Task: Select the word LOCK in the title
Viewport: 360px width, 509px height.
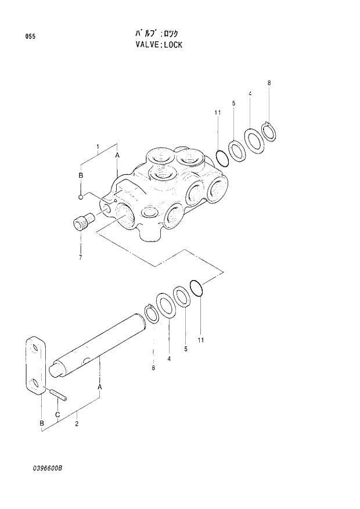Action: pyautogui.click(x=172, y=44)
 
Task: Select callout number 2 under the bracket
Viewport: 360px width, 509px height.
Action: pyautogui.click(x=77, y=424)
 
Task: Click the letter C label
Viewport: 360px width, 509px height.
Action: pyautogui.click(x=57, y=414)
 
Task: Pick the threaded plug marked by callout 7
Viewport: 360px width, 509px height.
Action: pyautogui.click(x=85, y=221)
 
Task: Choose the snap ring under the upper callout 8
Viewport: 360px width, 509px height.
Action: pyautogui.click(x=269, y=131)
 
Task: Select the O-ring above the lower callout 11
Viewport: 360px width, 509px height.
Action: pyautogui.click(x=197, y=287)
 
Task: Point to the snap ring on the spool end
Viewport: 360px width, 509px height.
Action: pyautogui.click(x=152, y=314)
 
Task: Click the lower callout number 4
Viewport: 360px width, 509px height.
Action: pyautogui.click(x=169, y=359)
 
